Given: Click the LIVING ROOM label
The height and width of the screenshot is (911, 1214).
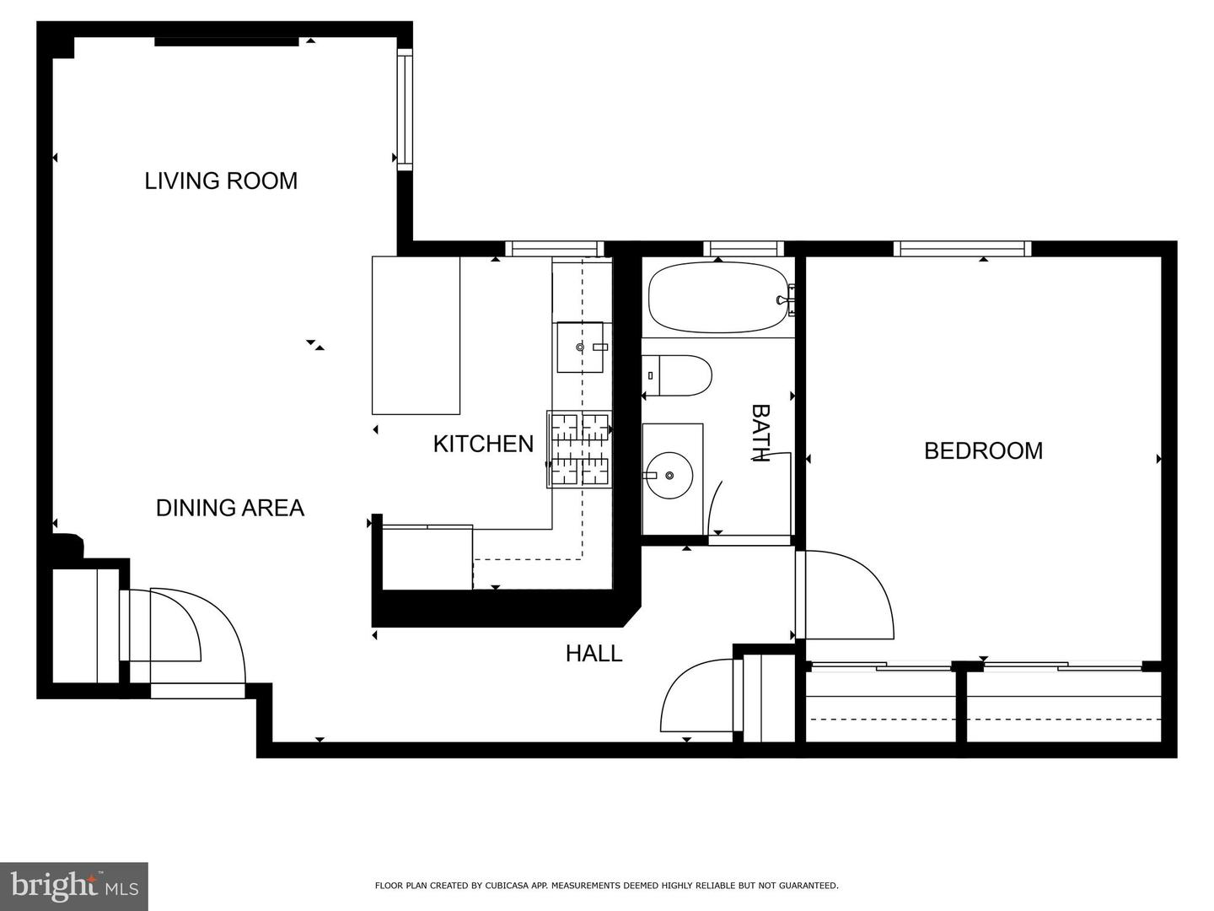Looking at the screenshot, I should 221,181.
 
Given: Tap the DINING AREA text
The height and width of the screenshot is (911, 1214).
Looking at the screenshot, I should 230,508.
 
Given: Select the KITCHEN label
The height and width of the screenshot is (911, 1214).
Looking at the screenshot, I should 483,444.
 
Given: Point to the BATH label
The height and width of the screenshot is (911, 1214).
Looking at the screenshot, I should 760,433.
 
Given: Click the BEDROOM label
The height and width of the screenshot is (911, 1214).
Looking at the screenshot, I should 983,450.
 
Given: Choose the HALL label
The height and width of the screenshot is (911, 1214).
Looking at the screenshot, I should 594,653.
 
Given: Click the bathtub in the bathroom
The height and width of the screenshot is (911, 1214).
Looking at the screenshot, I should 717,298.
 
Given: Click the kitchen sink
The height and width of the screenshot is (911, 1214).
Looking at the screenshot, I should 581,347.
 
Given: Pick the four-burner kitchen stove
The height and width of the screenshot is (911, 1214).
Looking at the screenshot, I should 579,450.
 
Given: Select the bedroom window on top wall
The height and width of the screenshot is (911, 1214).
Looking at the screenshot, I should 962,248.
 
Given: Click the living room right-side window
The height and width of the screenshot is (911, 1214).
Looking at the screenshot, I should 405,109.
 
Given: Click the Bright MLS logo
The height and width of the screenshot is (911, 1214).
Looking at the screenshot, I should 74,886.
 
